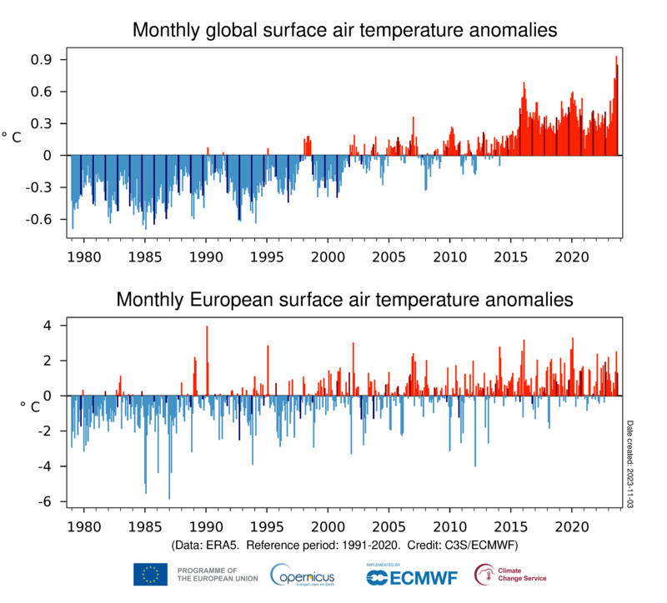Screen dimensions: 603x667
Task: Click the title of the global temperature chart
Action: [x=344, y=31]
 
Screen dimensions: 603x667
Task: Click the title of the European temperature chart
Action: [x=344, y=298]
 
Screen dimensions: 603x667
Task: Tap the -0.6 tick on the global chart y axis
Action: [x=39, y=219]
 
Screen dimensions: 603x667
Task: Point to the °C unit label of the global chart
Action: [x=12, y=137]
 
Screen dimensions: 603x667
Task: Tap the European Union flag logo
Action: [x=150, y=574]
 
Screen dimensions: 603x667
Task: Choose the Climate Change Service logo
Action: [x=510, y=574]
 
